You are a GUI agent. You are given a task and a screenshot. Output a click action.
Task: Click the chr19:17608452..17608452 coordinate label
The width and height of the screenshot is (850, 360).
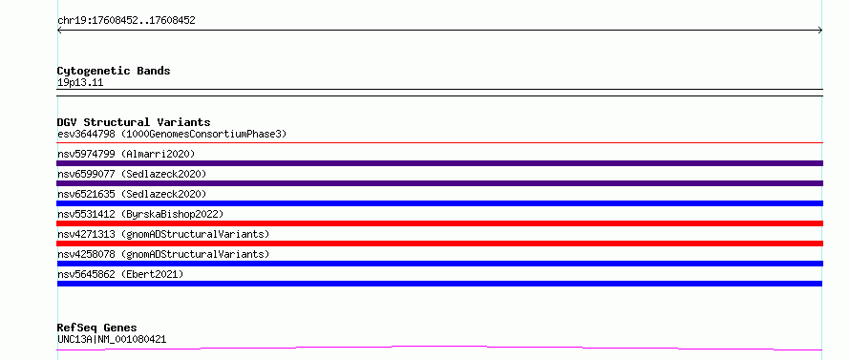pos(126,21)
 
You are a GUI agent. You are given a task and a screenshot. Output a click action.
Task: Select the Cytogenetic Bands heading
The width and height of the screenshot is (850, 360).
pos(114,71)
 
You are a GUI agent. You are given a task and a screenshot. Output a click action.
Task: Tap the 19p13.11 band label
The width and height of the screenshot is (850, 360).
pos(80,83)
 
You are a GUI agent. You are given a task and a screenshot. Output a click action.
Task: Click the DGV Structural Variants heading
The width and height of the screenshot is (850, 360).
pos(134,122)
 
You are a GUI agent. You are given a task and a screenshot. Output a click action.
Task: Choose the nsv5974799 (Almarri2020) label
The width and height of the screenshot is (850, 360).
pos(126,154)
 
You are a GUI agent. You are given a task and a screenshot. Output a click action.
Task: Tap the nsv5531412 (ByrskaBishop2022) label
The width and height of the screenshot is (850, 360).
pos(139,214)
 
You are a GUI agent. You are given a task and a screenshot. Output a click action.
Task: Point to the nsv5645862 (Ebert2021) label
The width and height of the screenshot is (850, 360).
pos(120,274)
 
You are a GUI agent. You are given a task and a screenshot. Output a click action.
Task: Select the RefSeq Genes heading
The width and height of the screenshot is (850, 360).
pos(97,328)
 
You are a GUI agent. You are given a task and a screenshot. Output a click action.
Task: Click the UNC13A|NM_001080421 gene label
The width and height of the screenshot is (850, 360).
pos(112,340)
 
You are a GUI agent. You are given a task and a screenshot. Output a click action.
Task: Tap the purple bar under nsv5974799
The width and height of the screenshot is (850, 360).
pos(439,163)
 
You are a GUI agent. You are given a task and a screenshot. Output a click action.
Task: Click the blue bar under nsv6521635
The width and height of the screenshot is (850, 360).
pos(439,203)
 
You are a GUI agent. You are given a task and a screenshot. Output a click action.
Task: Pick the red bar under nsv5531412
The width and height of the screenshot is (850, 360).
pos(439,223)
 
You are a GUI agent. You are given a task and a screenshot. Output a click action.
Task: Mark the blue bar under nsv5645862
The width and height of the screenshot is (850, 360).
pos(439,284)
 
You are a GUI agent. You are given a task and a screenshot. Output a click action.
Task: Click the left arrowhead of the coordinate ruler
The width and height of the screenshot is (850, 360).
pos(59,31)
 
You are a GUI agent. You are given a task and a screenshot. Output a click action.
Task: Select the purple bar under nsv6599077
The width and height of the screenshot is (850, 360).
pos(439,183)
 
